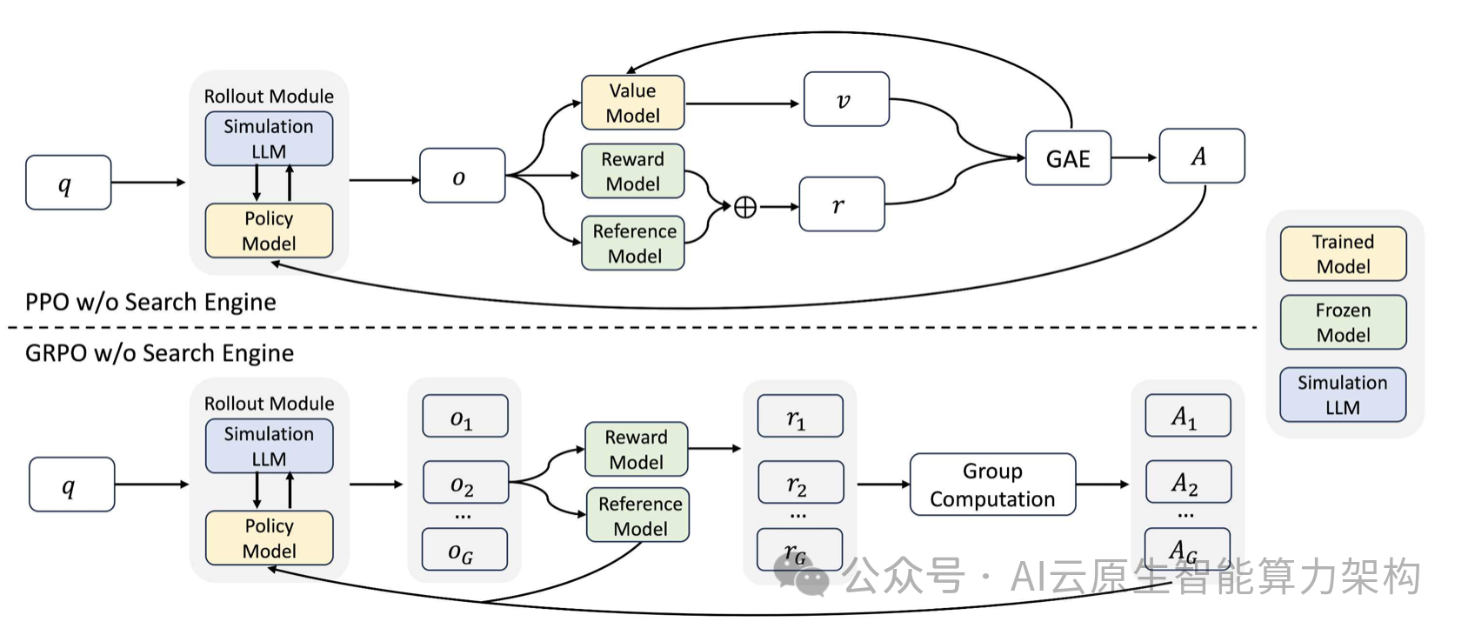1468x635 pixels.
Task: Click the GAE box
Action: pos(1068,158)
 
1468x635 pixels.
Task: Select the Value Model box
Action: pos(632,103)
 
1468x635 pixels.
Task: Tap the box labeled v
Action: pos(846,100)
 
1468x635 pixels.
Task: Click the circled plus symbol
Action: pos(745,207)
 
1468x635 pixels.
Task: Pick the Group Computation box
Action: pos(992,485)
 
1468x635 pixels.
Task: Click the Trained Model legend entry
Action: pos(1343,254)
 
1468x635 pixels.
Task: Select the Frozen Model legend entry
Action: pos(1343,323)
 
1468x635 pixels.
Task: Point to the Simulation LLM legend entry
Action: pos(1343,395)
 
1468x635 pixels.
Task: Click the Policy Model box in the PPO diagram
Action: pos(269,231)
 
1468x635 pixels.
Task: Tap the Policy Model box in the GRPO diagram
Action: pos(269,538)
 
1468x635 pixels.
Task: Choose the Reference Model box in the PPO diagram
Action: pos(633,243)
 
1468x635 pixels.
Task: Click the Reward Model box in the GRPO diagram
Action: pos(636,449)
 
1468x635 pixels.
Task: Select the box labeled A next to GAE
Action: pos(1202,156)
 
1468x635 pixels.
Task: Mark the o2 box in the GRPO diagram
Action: pos(465,482)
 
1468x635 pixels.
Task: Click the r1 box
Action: pos(800,416)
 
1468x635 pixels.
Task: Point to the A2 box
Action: pos(1188,482)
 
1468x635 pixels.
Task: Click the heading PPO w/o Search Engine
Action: pos(150,302)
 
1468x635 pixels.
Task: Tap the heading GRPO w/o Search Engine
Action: pos(159,353)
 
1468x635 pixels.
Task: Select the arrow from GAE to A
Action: pos(1134,158)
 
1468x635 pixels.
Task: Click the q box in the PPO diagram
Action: pos(68,183)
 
